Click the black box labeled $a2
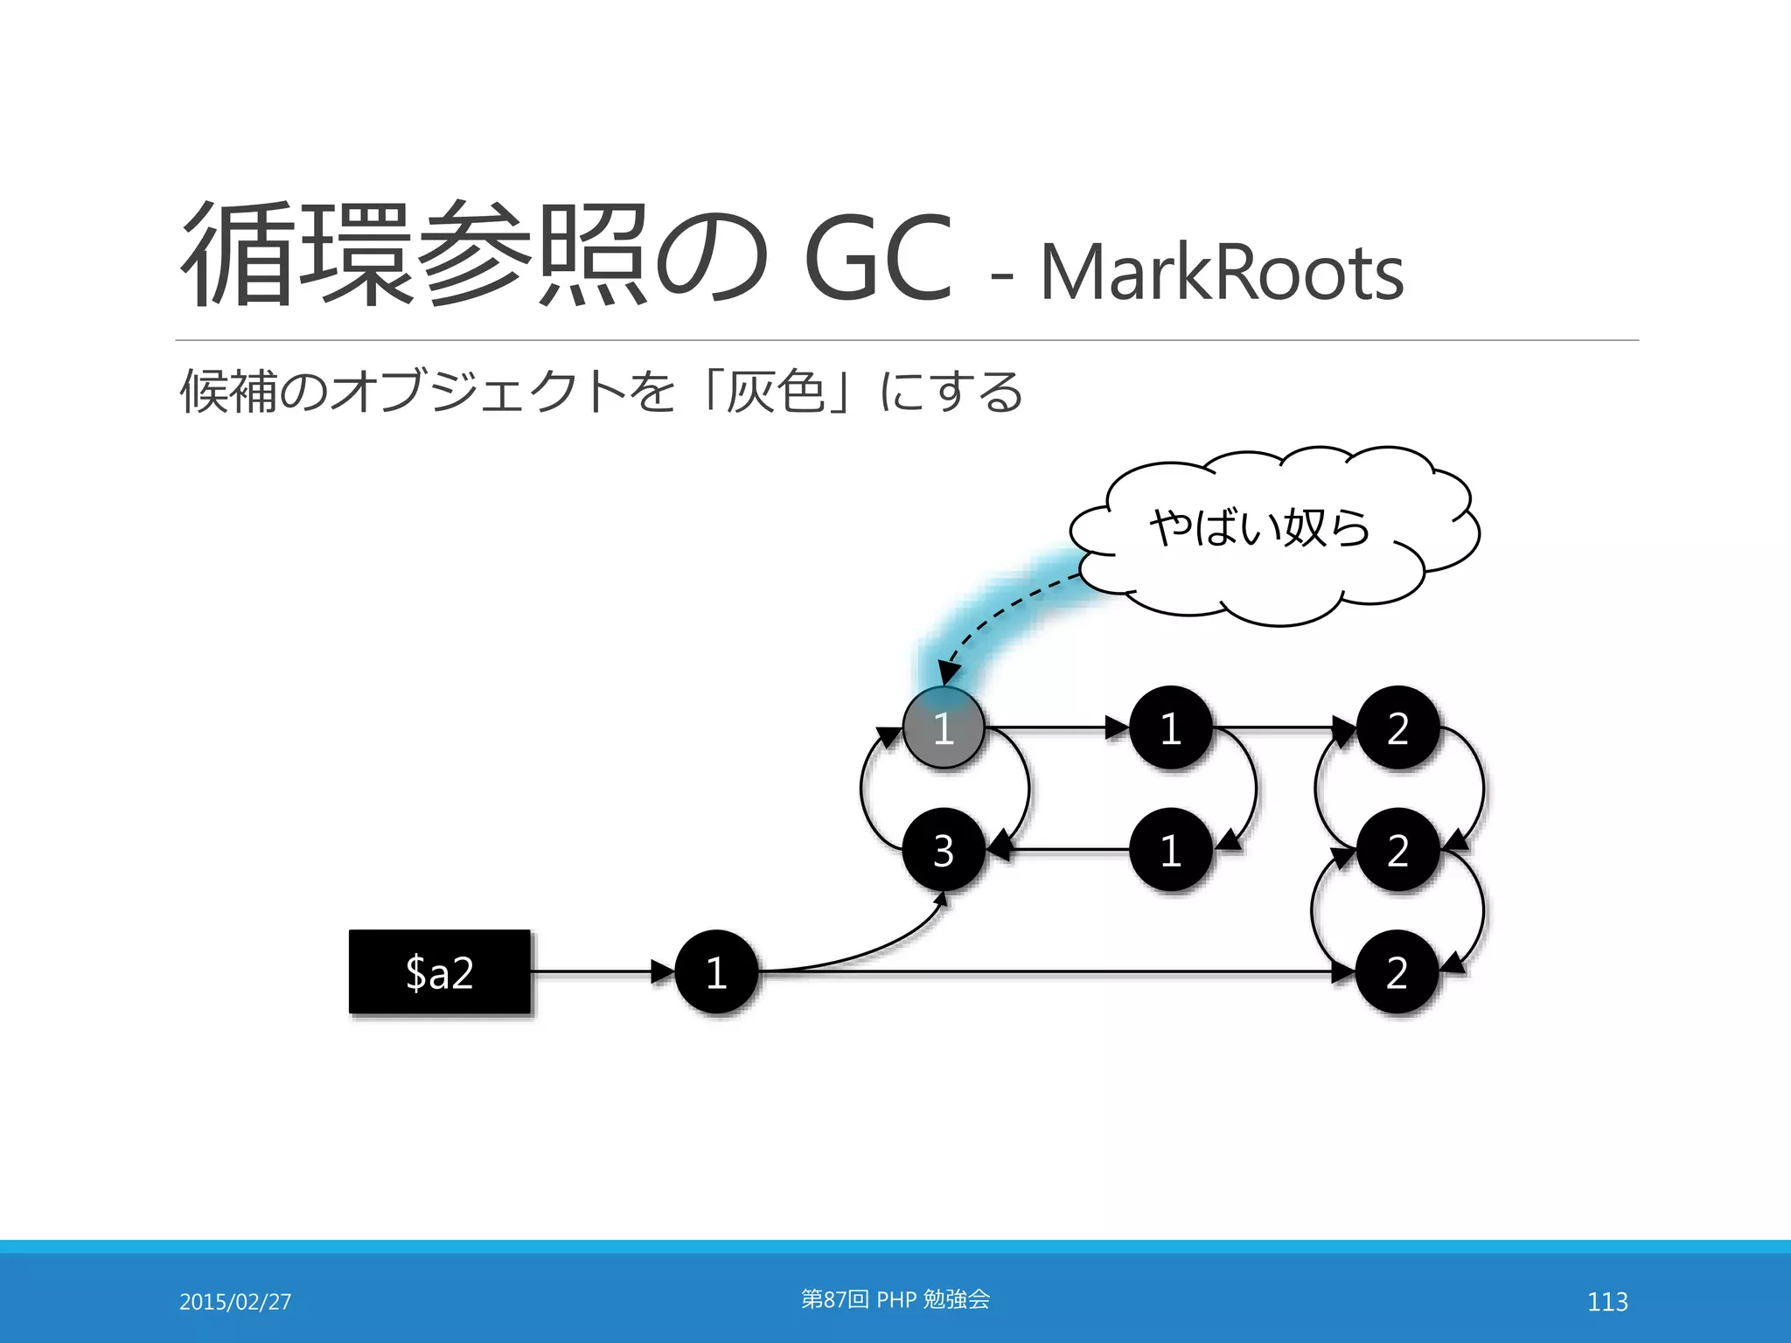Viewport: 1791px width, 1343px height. tap(439, 971)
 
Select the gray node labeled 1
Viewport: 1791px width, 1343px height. tap(944, 727)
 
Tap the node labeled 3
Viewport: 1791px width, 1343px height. tap(944, 850)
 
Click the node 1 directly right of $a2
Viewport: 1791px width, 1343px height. tap(716, 971)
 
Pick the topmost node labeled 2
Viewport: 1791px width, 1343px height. tap(1397, 727)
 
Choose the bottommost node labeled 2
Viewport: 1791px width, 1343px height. tap(1397, 971)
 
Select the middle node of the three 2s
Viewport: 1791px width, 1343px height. tap(1397, 850)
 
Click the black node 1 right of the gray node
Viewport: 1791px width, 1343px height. tap(1170, 727)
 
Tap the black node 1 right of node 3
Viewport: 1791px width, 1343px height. tap(1170, 850)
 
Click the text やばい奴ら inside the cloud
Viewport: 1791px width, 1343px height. tap(1259, 527)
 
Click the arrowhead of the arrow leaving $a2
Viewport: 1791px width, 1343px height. tap(662, 971)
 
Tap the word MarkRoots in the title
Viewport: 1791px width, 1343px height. tap(1221, 272)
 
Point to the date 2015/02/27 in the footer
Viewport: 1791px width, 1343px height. tap(235, 1302)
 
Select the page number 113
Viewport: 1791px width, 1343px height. tap(1607, 1302)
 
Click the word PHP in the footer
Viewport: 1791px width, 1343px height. tap(895, 1300)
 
